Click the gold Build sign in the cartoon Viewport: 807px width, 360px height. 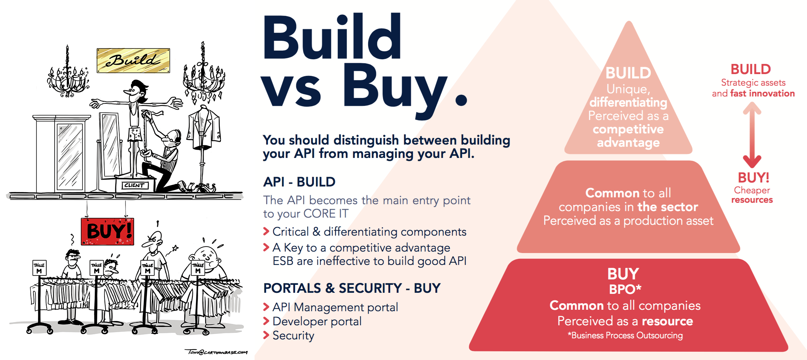(x=133, y=61)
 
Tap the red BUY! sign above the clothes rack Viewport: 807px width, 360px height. (x=107, y=232)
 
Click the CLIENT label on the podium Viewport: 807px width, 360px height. (x=134, y=185)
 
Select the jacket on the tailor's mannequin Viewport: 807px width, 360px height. (x=204, y=128)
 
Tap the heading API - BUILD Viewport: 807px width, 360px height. (x=299, y=182)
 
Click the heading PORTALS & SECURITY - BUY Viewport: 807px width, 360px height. (x=352, y=288)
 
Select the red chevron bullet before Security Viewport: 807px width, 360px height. (x=266, y=335)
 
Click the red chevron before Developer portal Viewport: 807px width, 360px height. (x=266, y=321)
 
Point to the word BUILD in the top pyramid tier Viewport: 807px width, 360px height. (x=628, y=73)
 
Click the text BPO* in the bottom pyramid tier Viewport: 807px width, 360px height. (x=625, y=289)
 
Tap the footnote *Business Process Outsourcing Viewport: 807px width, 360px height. (x=625, y=335)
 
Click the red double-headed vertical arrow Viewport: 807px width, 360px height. (x=752, y=134)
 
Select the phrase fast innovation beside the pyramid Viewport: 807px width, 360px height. (x=763, y=94)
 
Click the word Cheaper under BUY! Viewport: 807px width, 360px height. (x=752, y=190)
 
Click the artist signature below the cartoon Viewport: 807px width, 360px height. (x=216, y=352)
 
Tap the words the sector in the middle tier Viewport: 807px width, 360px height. (x=668, y=207)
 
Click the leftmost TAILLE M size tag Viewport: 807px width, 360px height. (x=39, y=268)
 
